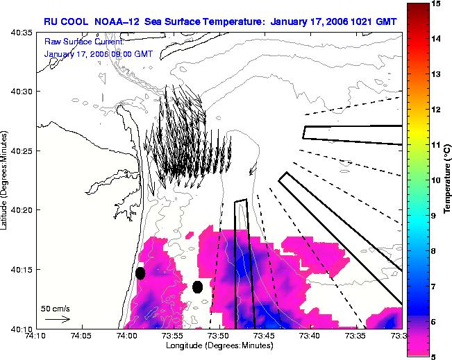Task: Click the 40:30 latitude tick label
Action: click(22, 92)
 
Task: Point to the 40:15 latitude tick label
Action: click(22, 270)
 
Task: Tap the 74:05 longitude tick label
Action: click(82, 336)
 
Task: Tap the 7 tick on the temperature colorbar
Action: click(433, 286)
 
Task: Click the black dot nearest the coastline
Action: click(140, 273)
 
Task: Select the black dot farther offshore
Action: click(197, 287)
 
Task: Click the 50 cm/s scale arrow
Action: click(58, 319)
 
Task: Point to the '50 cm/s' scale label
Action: click(56, 309)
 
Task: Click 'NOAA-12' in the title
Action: click(117, 22)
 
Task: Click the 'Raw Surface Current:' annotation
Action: click(84, 42)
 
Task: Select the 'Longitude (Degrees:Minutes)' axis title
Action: click(219, 345)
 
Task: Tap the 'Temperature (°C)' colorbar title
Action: click(447, 179)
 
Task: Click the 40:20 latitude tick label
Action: click(22, 210)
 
